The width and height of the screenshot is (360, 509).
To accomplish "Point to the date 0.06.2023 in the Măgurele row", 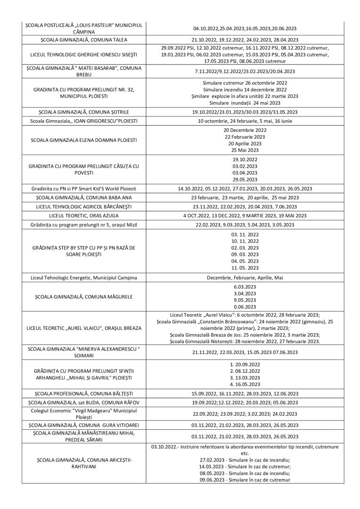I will [245, 306].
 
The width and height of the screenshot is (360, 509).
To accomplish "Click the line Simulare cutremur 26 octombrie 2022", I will [245, 83].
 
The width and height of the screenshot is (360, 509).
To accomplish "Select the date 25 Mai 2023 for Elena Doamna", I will [245, 150].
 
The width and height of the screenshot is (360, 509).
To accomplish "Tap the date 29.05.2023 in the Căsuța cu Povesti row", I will [245, 179].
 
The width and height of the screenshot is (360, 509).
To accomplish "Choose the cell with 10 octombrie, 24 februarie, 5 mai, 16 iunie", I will [245, 121].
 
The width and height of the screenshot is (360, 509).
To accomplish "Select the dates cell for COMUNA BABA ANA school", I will [245, 197].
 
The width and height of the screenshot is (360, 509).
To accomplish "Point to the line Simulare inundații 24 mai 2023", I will [245, 103].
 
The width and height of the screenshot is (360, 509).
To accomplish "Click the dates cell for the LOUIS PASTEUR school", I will [245, 28].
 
